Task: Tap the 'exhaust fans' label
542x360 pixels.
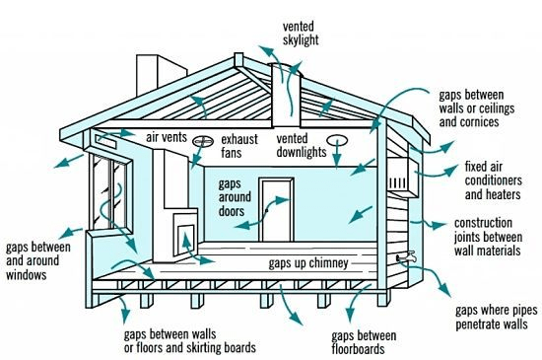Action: tap(240, 145)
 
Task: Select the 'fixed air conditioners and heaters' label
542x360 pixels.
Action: tap(498, 180)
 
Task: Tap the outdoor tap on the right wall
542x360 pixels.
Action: tap(404, 255)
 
